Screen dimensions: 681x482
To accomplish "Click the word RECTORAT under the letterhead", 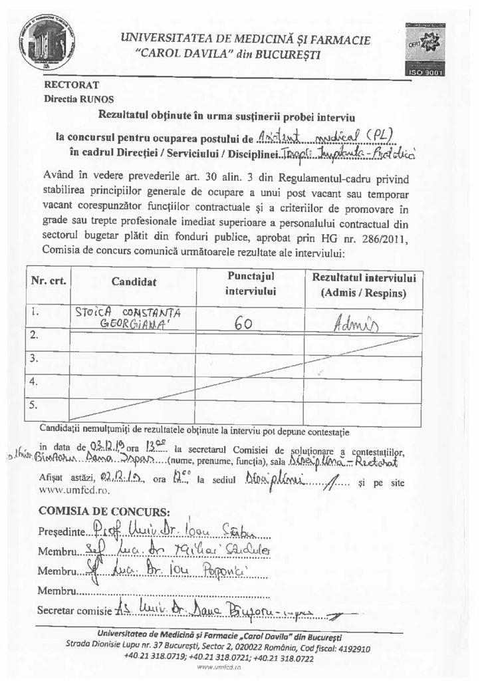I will [x=71, y=85].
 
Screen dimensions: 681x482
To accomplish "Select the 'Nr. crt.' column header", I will [x=48, y=281].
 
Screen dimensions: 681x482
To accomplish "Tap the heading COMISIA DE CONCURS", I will [x=104, y=513].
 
